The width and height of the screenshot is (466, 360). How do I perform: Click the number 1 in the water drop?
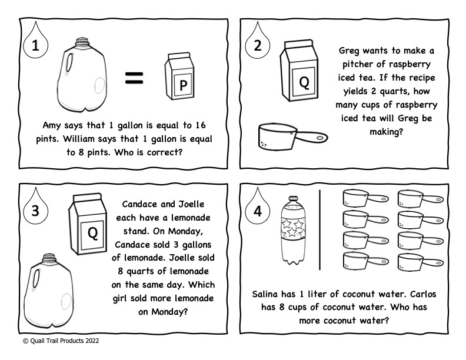click(x=35, y=47)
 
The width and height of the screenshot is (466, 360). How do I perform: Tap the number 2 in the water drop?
click(x=257, y=47)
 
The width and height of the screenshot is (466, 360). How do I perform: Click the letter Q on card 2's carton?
click(x=304, y=82)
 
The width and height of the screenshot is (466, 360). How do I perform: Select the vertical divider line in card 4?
click(x=319, y=229)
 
